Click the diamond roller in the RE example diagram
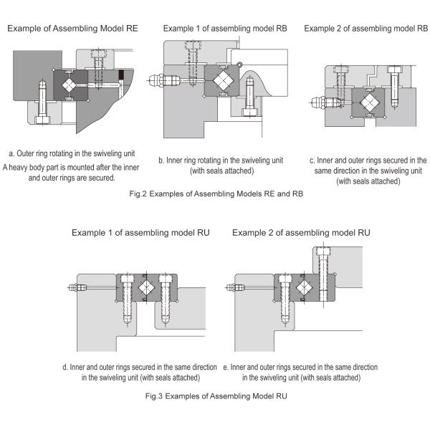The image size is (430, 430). tap(70, 84)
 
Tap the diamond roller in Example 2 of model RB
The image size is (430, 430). tap(370, 101)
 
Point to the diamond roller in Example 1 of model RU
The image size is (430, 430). tap(148, 288)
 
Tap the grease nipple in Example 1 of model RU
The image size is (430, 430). tap(75, 288)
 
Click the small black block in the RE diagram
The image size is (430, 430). tap(120, 75)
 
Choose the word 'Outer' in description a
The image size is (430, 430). tap(29, 153)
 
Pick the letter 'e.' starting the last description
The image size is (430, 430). tap(226, 367)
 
